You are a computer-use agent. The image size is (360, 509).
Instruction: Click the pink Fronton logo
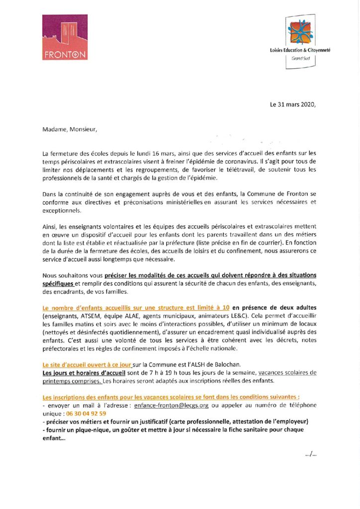[64, 37]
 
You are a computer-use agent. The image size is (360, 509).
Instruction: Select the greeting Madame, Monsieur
[70, 130]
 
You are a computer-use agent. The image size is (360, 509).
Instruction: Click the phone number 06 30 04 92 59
[84, 413]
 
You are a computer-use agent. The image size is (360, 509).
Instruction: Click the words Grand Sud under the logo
[300, 59]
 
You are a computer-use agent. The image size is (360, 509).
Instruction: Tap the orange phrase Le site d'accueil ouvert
[86, 364]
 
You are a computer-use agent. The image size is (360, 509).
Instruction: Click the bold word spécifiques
[58, 283]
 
